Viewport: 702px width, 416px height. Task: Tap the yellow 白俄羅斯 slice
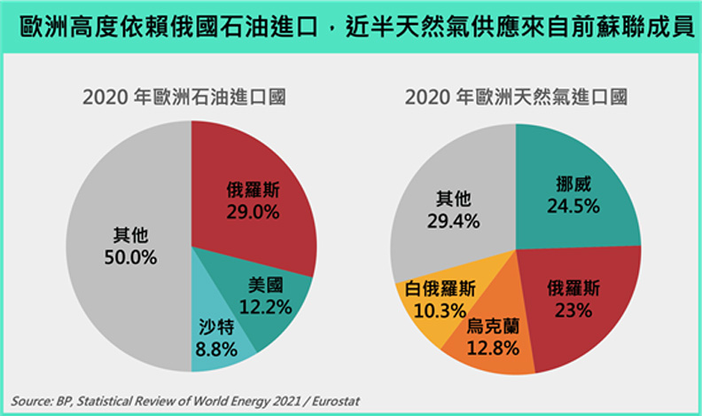coord(434,302)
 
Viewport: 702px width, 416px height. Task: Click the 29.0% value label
coord(253,212)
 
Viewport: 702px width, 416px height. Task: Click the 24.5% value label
coord(573,206)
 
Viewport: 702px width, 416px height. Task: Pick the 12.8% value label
coord(493,349)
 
